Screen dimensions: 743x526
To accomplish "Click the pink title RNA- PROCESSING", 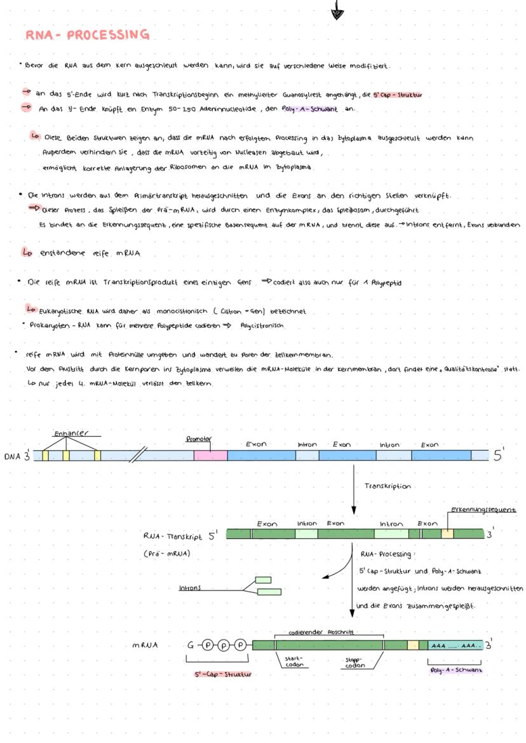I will (x=88, y=34).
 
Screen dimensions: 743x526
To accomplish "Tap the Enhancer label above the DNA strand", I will (x=71, y=433).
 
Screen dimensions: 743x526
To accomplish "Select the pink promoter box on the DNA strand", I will (x=210, y=455).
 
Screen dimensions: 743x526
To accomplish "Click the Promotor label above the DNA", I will (x=198, y=439).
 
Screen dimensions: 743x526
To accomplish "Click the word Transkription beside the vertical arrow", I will (x=388, y=486).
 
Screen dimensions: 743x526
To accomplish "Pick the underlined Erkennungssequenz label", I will (x=483, y=510).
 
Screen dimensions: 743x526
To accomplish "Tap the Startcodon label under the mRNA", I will (x=293, y=662).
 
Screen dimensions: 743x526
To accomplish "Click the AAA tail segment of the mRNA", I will (x=455, y=646).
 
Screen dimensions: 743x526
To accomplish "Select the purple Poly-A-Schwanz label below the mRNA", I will (x=455, y=671).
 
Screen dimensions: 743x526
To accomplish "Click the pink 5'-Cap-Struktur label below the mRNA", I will (x=222, y=674).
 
